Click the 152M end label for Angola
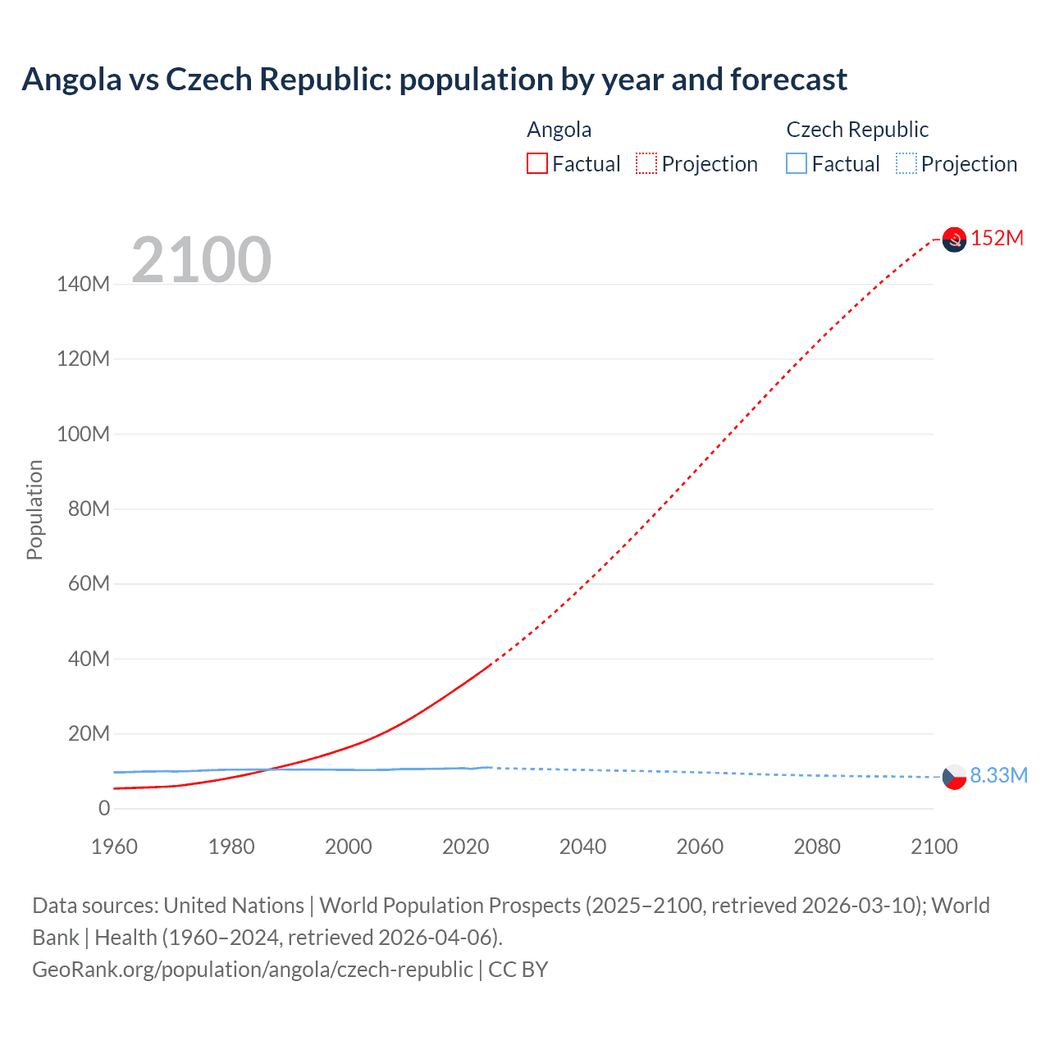pos(997,239)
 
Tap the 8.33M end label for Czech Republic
pos(998,775)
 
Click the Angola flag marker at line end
pos(954,240)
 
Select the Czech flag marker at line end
pos(954,776)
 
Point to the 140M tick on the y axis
pos(83,285)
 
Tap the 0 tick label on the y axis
pos(103,809)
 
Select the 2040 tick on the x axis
pos(582,847)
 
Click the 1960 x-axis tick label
pos(114,847)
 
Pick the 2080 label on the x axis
pos(817,847)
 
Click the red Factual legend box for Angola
pos(536,163)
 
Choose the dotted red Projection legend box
pos(646,163)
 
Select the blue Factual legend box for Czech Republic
pos(796,163)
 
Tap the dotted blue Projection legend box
pos(906,163)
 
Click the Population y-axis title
pos(34,509)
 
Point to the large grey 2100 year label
pos(201,260)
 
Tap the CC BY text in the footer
pos(518,969)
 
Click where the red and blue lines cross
pos(270,769)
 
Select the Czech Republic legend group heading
pos(856,130)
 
